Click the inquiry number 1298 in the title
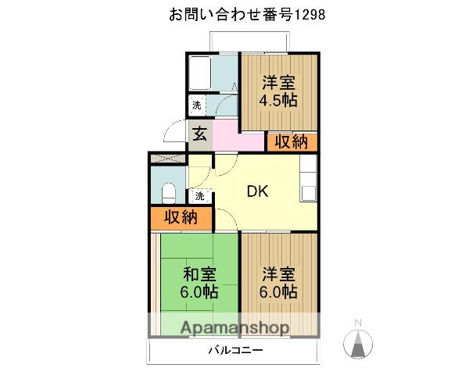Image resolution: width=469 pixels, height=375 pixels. (310, 15)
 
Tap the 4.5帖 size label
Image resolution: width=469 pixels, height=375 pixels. (278, 101)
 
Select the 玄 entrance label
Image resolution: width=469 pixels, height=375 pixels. (200, 134)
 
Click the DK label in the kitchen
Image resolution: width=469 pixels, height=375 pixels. (257, 191)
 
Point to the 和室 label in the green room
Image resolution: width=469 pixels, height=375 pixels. (199, 274)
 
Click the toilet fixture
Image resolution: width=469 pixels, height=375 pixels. (168, 193)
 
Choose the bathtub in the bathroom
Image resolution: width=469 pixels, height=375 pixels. (200, 73)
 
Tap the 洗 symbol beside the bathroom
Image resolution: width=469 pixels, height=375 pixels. (197, 105)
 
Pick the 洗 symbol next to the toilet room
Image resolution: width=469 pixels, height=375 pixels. (200, 196)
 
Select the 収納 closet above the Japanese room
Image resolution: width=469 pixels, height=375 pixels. (181, 217)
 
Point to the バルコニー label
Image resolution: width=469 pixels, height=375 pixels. (235, 350)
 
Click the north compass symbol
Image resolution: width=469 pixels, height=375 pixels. (358, 343)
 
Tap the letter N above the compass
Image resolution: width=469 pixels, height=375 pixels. (358, 323)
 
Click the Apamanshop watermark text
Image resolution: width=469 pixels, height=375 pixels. (234, 328)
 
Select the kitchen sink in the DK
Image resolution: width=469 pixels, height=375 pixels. (309, 193)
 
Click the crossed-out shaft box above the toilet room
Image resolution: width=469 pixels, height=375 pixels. (167, 159)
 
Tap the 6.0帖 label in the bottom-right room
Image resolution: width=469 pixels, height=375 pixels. (278, 291)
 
